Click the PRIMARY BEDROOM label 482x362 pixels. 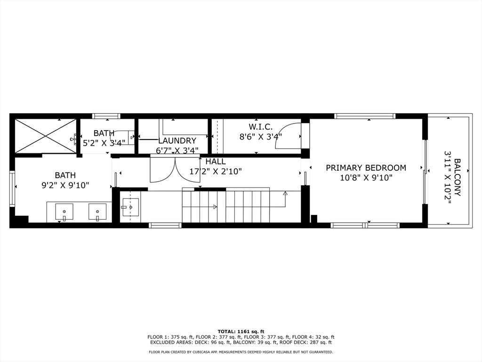coord(366,168)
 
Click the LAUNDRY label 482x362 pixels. coord(177,140)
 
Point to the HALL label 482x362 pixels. coord(216,162)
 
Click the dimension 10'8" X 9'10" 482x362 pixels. coord(366,178)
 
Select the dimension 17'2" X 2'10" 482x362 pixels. coord(216,172)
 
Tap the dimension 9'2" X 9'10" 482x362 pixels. coord(65,185)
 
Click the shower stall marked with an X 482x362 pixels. coord(45,136)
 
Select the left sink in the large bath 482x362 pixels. coord(64,212)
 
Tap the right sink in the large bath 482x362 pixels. coord(97,212)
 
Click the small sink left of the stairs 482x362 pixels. coord(130,207)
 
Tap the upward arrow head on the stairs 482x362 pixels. coord(285,193)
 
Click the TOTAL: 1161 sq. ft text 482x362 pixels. coord(241,331)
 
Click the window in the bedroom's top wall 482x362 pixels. coord(364,116)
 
